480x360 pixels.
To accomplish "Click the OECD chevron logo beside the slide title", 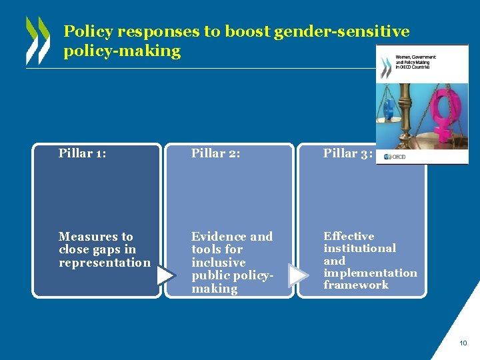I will click(37, 40).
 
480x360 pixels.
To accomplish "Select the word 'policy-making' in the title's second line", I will click(122, 51).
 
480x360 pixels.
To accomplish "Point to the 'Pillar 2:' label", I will click(215, 153).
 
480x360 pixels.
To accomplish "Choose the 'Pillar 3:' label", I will click(347, 153).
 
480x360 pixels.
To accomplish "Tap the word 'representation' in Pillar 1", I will click(105, 263).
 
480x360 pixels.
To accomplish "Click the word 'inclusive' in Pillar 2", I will click(218, 263).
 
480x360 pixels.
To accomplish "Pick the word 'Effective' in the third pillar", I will click(349, 236).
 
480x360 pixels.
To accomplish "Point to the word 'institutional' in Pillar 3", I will click(359, 248).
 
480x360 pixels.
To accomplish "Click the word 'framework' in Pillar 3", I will click(356, 285).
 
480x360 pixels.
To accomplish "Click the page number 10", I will click(463, 343).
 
